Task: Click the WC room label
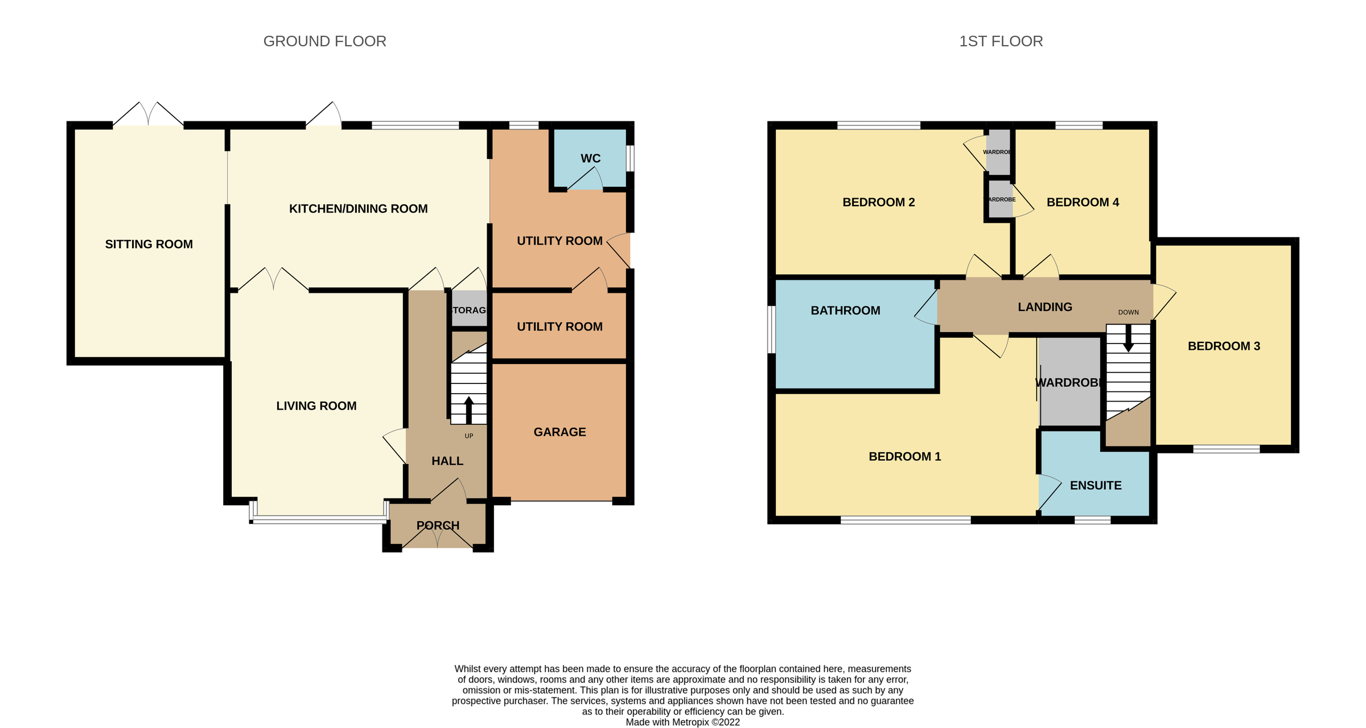click(590, 158)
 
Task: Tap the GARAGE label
click(559, 432)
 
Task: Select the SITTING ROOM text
click(149, 244)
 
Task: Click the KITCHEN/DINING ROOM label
click(358, 209)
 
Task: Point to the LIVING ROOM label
click(316, 406)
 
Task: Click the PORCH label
click(438, 525)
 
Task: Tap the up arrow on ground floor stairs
click(468, 408)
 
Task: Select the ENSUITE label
click(1095, 485)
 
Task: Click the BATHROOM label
click(845, 310)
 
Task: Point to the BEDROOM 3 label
click(1223, 346)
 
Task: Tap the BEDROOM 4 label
click(1083, 202)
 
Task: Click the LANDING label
click(1044, 307)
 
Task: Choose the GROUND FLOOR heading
click(324, 41)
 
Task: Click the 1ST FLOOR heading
click(1001, 41)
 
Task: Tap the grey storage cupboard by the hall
click(468, 309)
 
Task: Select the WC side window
click(630, 158)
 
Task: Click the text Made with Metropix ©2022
click(682, 722)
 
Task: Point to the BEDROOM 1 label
click(904, 456)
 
